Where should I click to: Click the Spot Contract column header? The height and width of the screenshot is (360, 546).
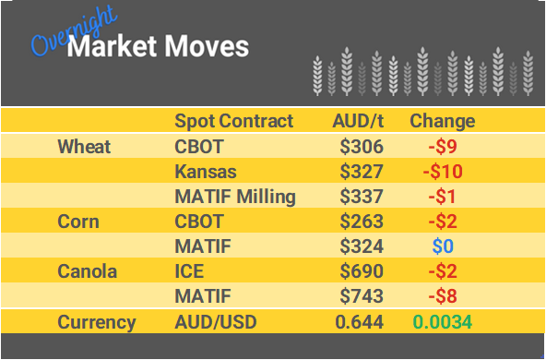point(233,121)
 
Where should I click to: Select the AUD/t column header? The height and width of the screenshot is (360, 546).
point(357,121)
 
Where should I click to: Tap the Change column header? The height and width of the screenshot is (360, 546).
point(442,121)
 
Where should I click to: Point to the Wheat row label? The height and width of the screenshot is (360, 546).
point(84,146)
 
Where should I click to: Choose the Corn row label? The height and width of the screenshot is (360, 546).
point(78,222)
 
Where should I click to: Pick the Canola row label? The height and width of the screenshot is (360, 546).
point(87,272)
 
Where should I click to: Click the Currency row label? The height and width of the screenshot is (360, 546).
point(97,322)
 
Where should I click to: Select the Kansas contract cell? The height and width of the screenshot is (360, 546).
point(206,171)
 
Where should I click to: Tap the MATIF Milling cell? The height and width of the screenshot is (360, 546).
point(235,196)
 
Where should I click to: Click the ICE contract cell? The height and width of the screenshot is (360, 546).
point(190,272)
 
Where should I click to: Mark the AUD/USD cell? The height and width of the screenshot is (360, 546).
point(215,322)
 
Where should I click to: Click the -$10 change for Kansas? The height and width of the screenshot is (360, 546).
point(443,171)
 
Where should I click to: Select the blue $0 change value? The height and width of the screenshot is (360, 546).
point(443,246)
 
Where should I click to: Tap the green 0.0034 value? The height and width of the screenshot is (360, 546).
point(444,322)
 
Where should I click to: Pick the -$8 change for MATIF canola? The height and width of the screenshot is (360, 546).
point(443,297)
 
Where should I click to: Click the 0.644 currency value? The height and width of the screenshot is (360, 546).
point(360,322)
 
